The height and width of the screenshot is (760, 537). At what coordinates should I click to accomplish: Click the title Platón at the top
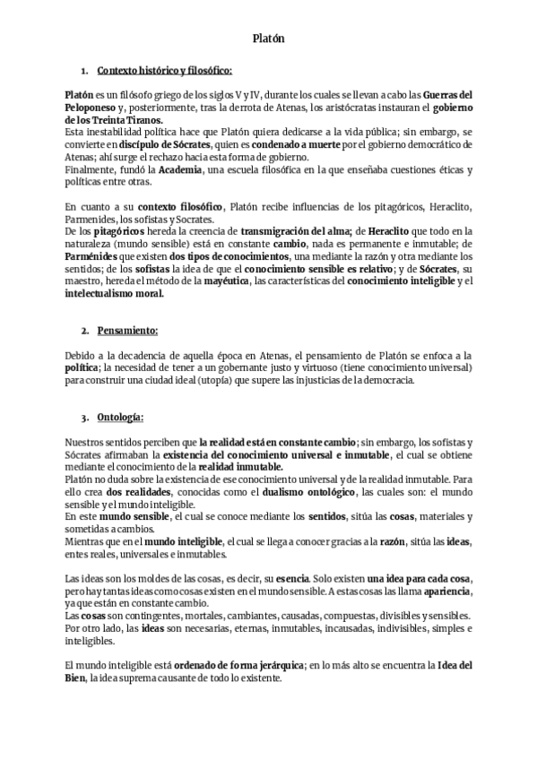pyautogui.click(x=268, y=39)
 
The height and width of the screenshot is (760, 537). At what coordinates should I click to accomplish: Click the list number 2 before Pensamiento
pyautogui.click(x=84, y=331)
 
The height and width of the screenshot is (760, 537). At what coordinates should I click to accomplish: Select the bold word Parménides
pyautogui.click(x=96, y=255)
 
